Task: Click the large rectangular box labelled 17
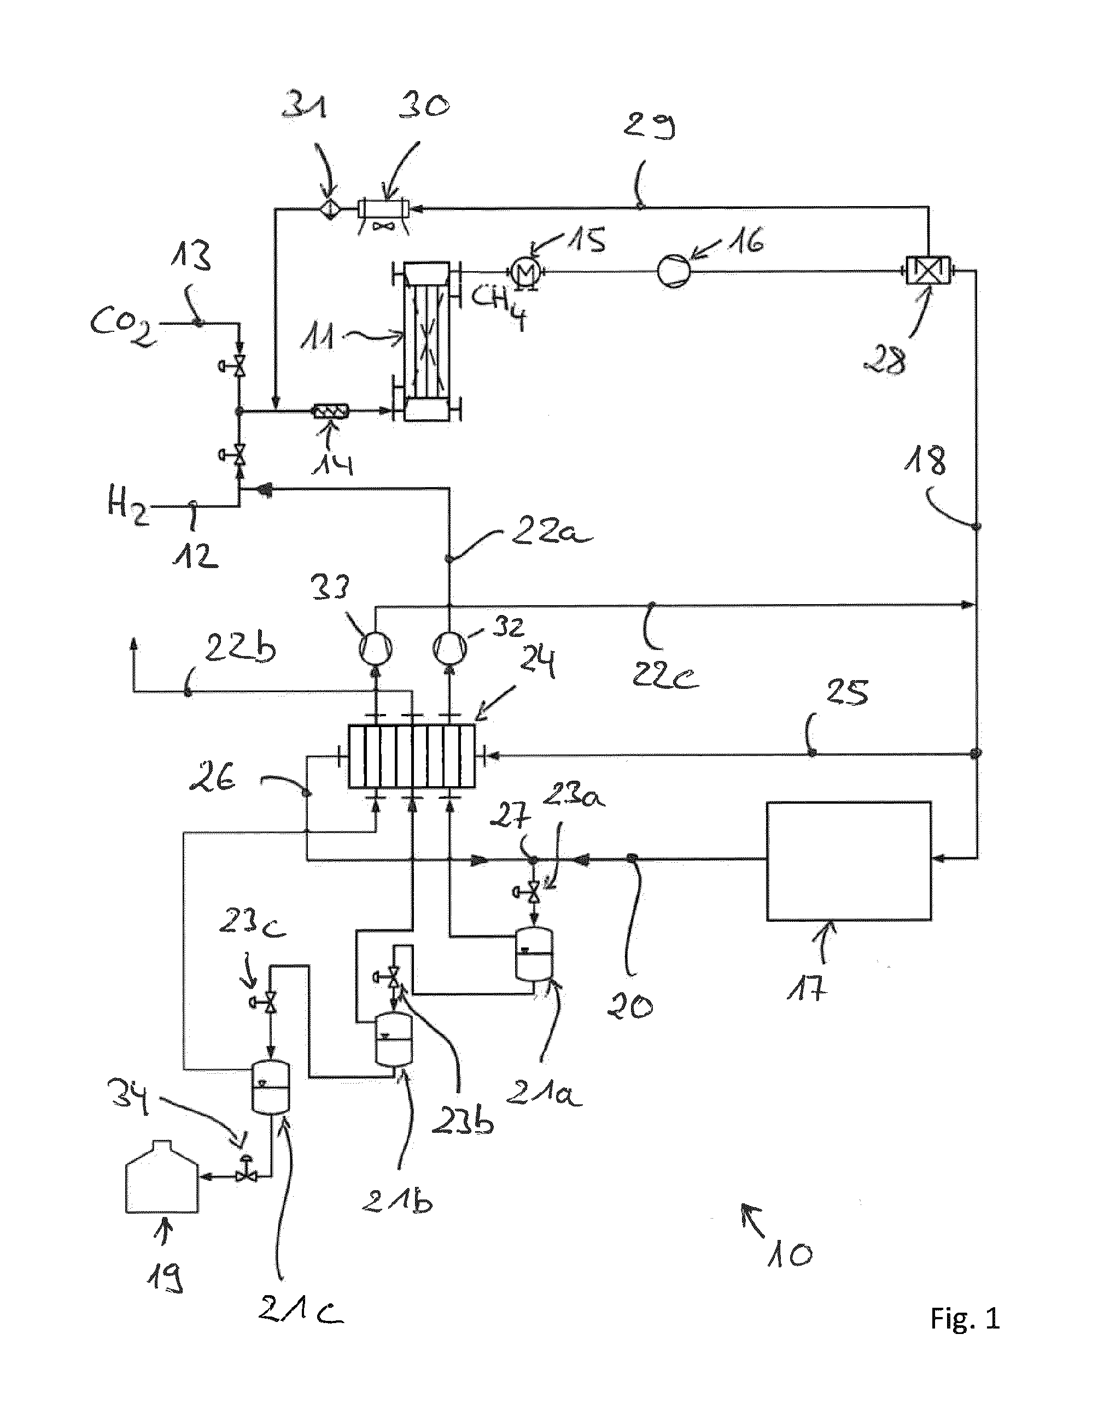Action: (849, 861)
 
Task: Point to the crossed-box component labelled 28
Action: (930, 271)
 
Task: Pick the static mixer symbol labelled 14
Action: (331, 411)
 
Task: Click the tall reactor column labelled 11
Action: (427, 341)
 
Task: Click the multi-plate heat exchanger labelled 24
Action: (411, 756)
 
